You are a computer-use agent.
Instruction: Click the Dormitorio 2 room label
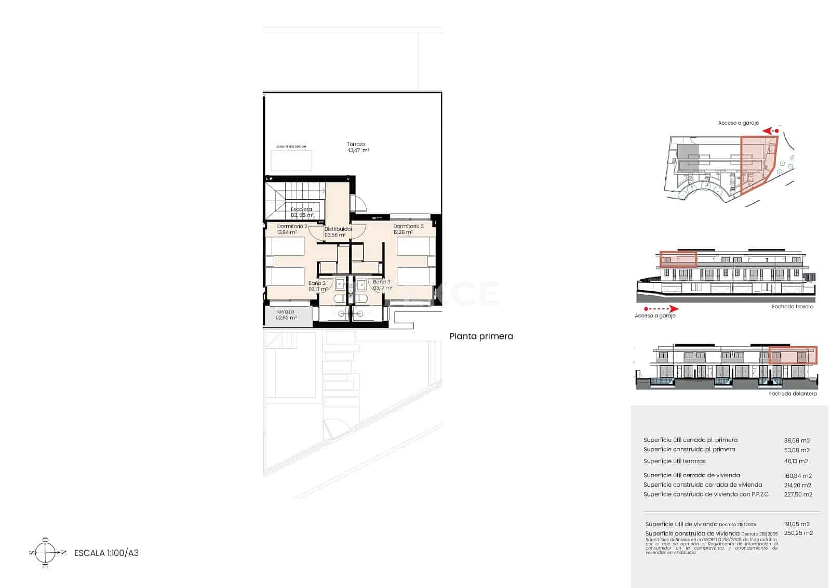click(x=292, y=227)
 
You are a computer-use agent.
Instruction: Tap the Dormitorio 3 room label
click(x=408, y=227)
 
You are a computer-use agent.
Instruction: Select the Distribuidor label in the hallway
click(x=338, y=229)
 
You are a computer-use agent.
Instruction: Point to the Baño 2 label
click(x=317, y=283)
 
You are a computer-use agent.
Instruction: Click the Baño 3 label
click(x=382, y=282)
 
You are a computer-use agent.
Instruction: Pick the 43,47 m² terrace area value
click(x=358, y=150)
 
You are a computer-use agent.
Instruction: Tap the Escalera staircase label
click(x=301, y=210)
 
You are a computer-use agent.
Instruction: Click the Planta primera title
click(x=481, y=336)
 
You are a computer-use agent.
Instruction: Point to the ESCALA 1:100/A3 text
click(x=106, y=553)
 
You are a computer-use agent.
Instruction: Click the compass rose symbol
click(x=46, y=553)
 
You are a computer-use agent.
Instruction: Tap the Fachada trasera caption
click(x=793, y=307)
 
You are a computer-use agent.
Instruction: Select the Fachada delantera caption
click(x=793, y=394)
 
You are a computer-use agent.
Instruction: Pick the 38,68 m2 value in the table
click(x=797, y=440)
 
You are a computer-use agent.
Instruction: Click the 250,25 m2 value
click(x=798, y=533)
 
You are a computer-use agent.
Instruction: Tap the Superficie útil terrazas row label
click(x=674, y=461)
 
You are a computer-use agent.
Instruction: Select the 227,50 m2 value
click(x=798, y=494)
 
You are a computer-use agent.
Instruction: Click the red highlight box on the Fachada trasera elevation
click(x=678, y=259)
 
